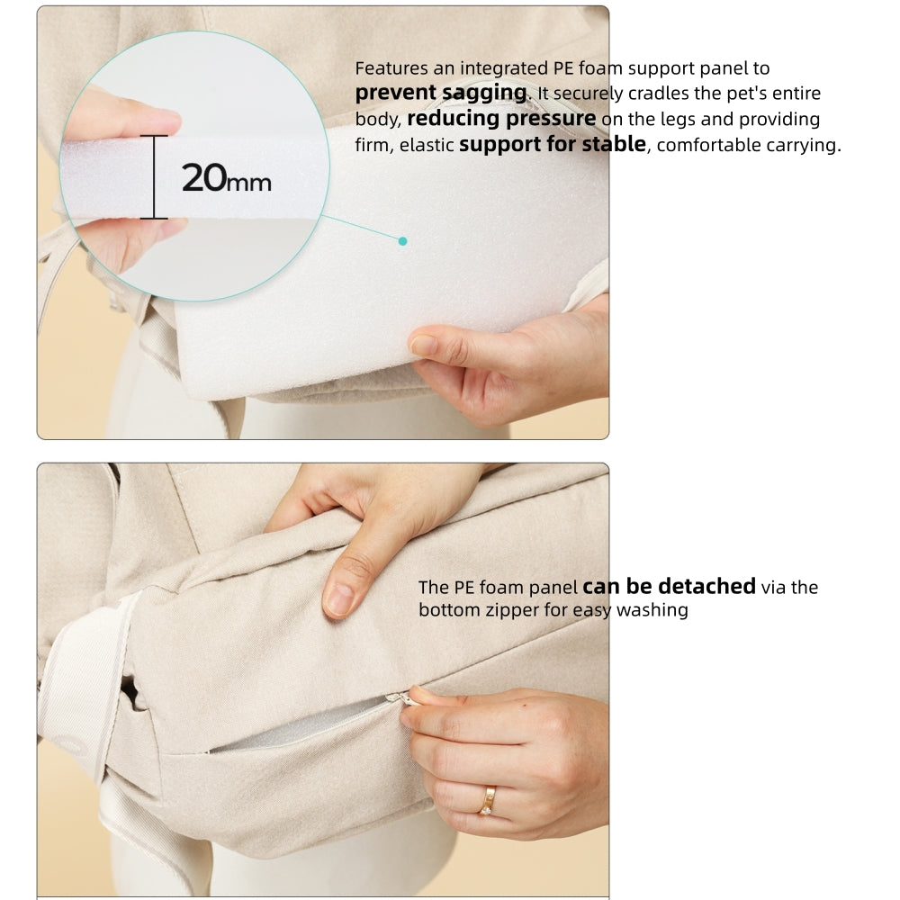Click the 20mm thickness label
pos(226,178)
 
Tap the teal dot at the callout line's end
pos(403,241)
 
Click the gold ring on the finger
pos(487,801)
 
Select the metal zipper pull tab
pos(401,698)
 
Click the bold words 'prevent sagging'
pos(441,93)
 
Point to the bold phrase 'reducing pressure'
pos(501,118)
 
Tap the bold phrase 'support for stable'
pos(553,144)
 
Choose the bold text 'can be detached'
pos(669,586)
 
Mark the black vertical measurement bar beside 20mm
pos(154,176)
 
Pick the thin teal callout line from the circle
pos(361,228)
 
